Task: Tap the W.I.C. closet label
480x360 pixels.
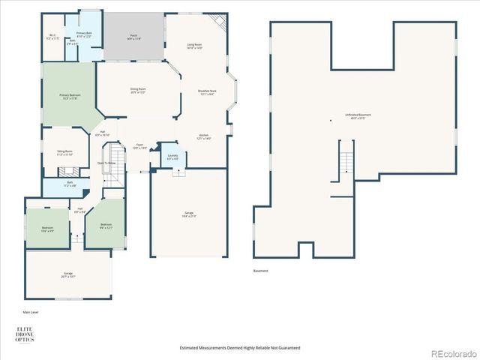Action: click(53, 36)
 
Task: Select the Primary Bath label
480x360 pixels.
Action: click(83, 34)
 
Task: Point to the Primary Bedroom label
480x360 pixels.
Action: click(70, 97)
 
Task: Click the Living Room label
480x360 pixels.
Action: click(194, 46)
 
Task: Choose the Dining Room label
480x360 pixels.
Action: click(138, 90)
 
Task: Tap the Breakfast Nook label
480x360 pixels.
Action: click(207, 92)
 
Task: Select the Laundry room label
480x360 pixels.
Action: click(172, 157)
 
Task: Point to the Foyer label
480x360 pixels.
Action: click(139, 146)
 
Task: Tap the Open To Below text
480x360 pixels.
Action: click(106, 163)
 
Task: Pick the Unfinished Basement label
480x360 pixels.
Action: click(358, 116)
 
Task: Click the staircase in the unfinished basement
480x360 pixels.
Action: click(346, 162)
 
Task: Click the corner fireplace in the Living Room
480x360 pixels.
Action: click(220, 22)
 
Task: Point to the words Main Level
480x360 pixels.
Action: click(31, 311)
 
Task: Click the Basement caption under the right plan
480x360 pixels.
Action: click(259, 271)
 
